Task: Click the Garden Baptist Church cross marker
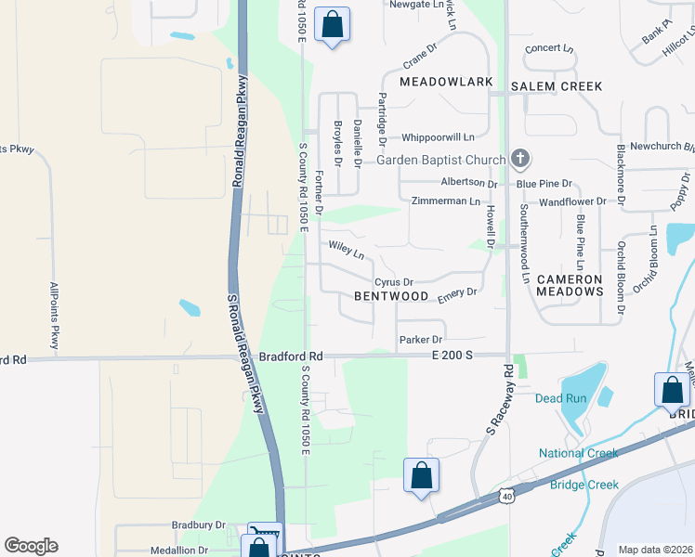[520, 160]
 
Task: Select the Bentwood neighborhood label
[391, 296]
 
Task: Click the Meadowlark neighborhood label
[446, 83]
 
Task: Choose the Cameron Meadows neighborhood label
[583, 285]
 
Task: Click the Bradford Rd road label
[291, 356]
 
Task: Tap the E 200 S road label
[452, 356]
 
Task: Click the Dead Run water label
[561, 398]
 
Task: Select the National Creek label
[578, 454]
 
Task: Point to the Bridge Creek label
[584, 485]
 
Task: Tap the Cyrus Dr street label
[393, 281]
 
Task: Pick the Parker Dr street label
[420, 340]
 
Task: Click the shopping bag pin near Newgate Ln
[332, 25]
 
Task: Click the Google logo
[31, 546]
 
